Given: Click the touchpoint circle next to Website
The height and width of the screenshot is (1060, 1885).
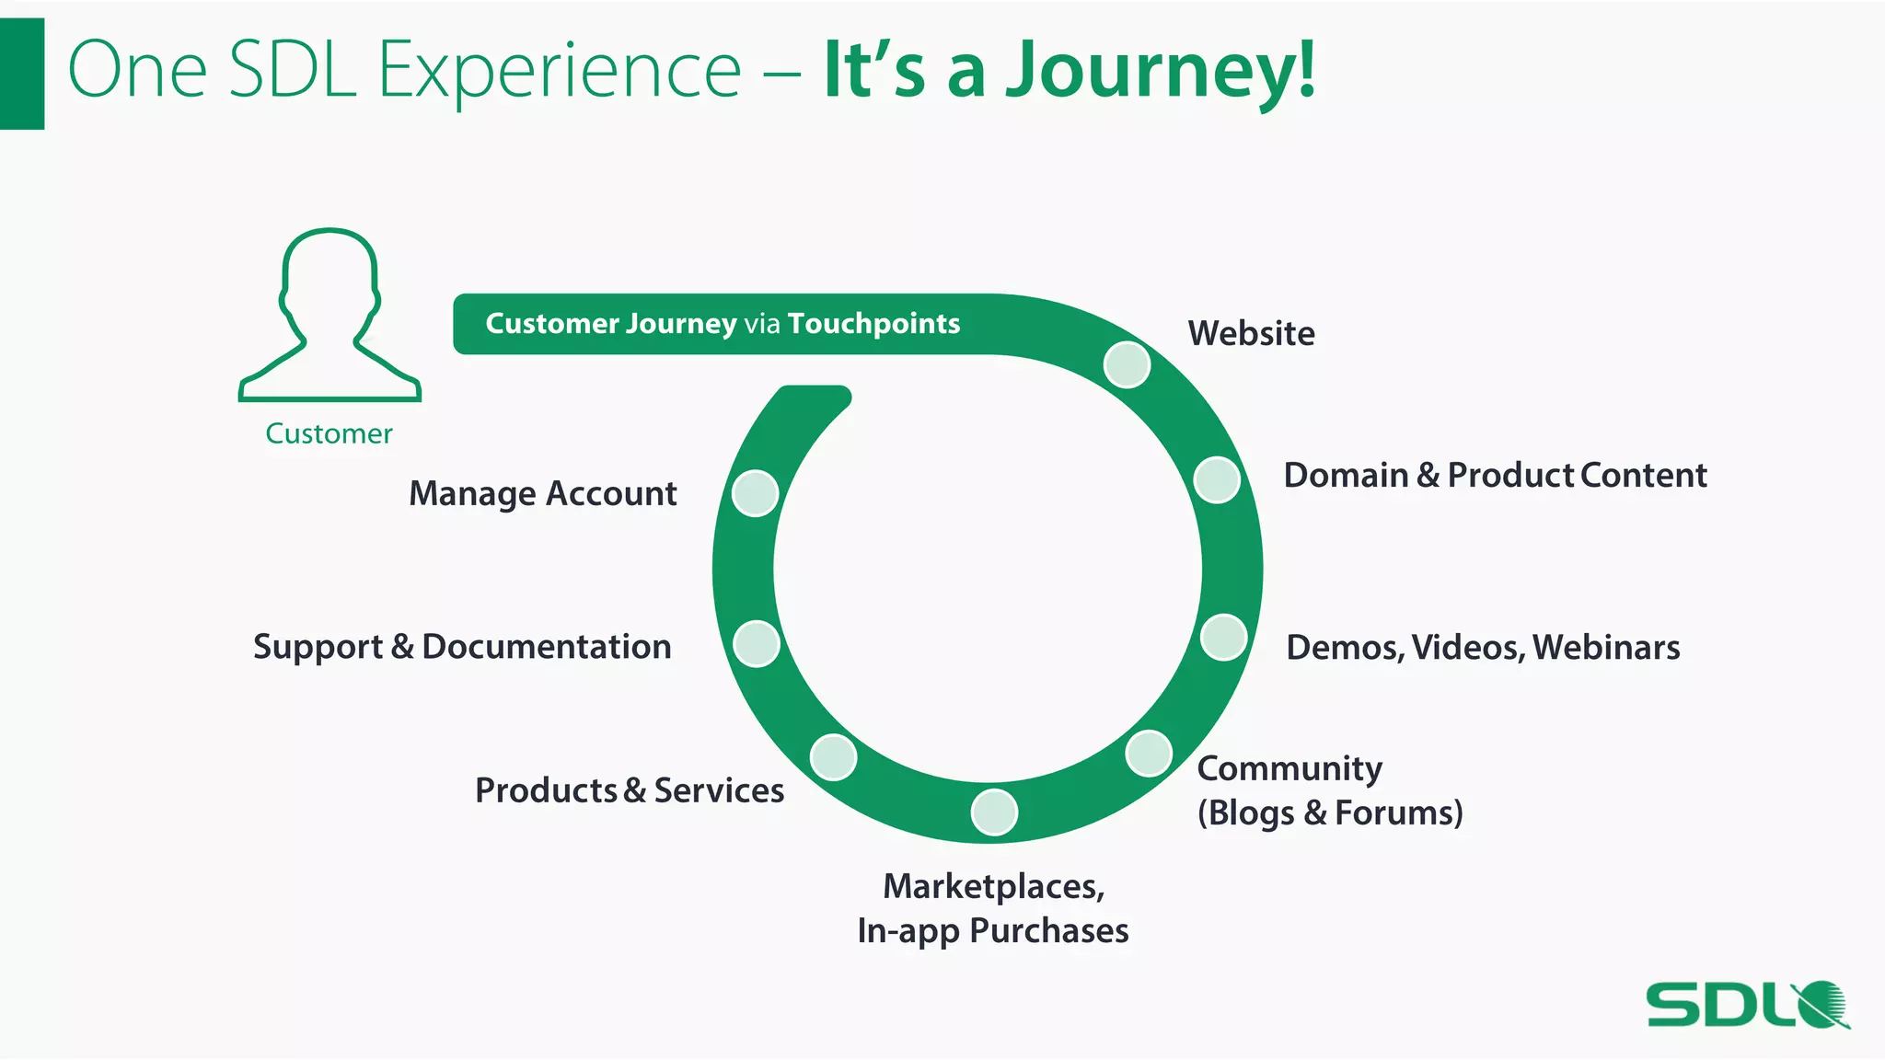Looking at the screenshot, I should (1127, 364).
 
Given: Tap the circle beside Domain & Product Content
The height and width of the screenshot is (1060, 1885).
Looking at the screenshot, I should (1217, 479).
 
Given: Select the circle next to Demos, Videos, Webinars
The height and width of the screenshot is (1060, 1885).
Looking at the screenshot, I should (1223, 637).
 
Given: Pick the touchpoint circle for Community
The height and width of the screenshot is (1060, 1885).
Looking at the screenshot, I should (1149, 754).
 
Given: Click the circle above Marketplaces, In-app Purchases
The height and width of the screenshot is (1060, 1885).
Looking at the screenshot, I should (994, 812).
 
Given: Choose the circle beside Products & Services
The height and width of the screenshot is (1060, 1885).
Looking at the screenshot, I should (833, 757).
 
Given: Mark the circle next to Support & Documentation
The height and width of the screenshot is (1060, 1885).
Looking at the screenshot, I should (757, 643).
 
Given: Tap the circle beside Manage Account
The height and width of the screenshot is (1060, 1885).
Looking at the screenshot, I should (755, 493).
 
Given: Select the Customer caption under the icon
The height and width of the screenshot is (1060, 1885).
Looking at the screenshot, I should (329, 433).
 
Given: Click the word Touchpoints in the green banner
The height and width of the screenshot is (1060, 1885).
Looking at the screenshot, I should (873, 324).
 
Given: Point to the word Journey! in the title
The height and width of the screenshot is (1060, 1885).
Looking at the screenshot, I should (1160, 70).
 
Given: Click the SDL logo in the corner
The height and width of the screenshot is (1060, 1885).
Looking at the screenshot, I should (1747, 1005).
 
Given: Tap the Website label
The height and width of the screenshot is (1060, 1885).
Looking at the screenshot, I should (1251, 333).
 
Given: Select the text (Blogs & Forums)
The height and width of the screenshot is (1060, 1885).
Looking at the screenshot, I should (1330, 813).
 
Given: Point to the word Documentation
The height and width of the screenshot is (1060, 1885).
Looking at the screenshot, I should (546, 647).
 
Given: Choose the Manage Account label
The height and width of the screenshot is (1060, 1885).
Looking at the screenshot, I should (542, 494).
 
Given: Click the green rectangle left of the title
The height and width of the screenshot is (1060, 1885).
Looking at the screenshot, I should (22, 74).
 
